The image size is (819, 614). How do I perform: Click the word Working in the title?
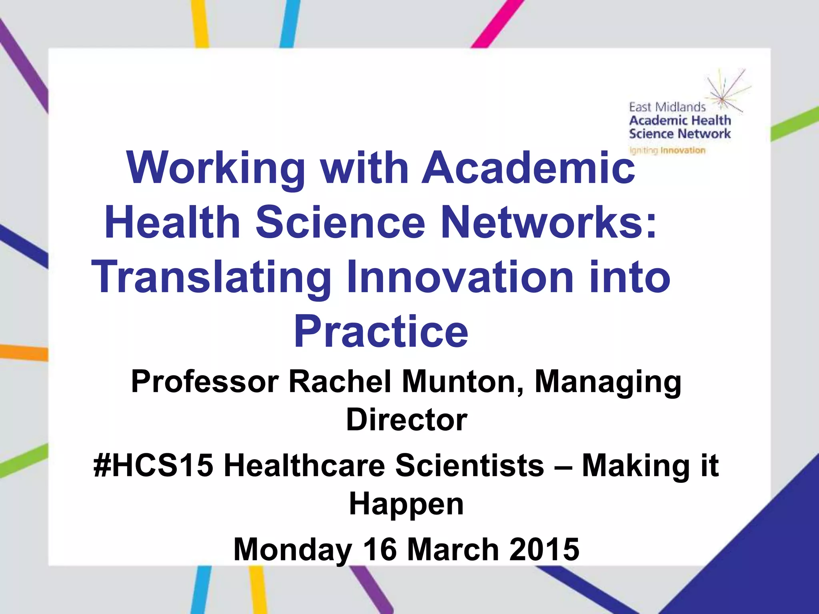pos(216,168)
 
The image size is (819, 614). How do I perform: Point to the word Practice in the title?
pos(381,332)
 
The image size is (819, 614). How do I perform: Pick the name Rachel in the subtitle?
pos(340,382)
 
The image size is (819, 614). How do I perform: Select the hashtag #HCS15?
pos(153,465)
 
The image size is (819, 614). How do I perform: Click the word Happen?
pos(406,504)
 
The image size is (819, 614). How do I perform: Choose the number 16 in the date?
pos(380,550)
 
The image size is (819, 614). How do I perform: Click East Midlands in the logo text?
pos(667,107)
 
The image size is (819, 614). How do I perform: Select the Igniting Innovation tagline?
pos(667,151)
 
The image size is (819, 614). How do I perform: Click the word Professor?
pos(205,382)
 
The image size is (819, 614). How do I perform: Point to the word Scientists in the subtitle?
pos(470,465)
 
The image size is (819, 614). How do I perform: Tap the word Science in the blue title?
pos(340,222)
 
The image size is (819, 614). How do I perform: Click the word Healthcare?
pos(304,465)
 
